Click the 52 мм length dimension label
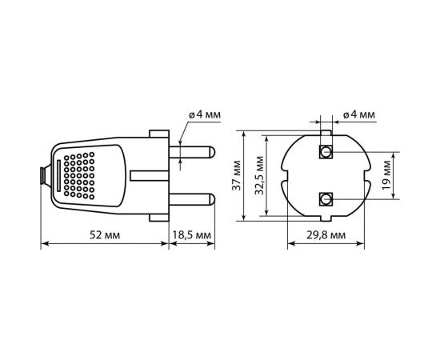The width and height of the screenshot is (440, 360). [105, 235]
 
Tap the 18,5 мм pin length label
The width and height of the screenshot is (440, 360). [191, 235]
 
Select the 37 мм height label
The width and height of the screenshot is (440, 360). [237, 175]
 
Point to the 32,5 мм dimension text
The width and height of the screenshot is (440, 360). [259, 175]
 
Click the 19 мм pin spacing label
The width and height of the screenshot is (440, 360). [386, 175]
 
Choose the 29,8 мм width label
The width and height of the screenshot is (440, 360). [326, 235]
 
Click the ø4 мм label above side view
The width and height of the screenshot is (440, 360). [205, 114]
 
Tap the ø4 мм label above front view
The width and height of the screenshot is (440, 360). [358, 114]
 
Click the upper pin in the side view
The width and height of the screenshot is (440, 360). [192, 152]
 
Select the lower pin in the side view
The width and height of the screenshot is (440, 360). [192, 199]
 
